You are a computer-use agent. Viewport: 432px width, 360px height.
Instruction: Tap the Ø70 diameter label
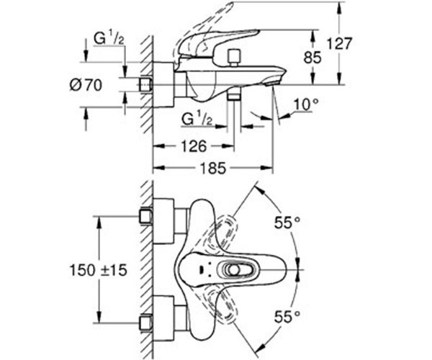coord(86,86)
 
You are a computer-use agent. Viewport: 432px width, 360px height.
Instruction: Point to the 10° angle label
coord(305,104)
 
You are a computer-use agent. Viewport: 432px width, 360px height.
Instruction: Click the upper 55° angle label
coord(286,222)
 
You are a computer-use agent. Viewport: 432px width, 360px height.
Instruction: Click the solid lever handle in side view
coord(216,43)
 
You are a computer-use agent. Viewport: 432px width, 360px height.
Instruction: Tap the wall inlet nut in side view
coord(147,85)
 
